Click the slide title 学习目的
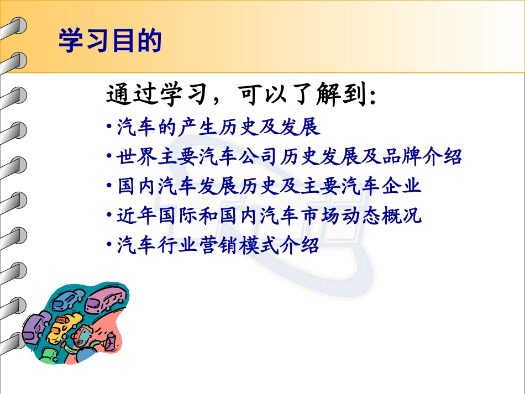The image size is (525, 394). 110,41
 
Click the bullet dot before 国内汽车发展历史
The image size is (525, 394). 109,187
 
